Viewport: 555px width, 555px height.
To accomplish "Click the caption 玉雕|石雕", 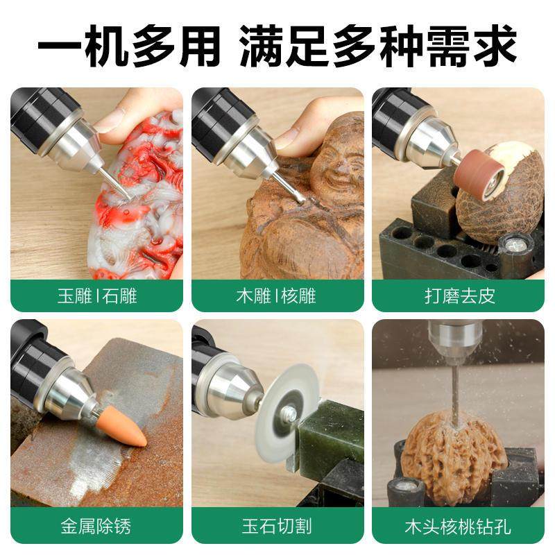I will click(x=97, y=296).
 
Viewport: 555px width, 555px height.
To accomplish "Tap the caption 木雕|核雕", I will click(x=277, y=296).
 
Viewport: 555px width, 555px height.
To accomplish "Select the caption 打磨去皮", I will click(x=459, y=296).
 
